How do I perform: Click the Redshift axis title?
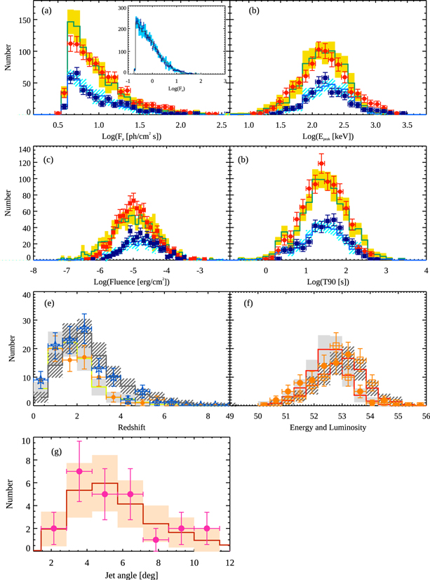[x=130, y=427]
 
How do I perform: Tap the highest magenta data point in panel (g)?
[x=79, y=471]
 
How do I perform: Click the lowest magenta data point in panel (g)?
[x=156, y=539]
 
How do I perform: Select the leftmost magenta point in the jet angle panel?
[x=54, y=528]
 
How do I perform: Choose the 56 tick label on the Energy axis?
[x=422, y=416]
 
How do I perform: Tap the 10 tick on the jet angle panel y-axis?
[x=25, y=441]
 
